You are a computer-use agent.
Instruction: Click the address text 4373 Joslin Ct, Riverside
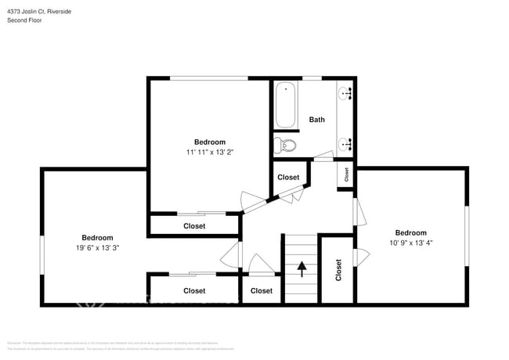click(39, 10)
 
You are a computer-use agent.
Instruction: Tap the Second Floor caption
click(24, 20)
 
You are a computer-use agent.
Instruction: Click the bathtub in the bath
click(286, 105)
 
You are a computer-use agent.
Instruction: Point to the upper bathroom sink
click(345, 94)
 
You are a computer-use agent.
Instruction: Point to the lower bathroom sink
click(345, 142)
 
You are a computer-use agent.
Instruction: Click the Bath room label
click(316, 120)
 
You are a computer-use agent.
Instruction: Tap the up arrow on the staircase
click(301, 269)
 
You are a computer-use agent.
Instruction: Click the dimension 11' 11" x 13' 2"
click(210, 152)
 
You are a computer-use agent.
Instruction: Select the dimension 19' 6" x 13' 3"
click(97, 247)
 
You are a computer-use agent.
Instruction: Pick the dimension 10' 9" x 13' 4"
click(410, 243)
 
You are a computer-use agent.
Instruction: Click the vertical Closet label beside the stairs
click(338, 270)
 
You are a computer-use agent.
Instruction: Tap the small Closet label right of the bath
click(346, 174)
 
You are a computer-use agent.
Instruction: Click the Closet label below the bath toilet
click(288, 178)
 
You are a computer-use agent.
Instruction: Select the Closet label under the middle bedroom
click(194, 226)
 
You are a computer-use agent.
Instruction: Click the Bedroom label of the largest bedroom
click(97, 237)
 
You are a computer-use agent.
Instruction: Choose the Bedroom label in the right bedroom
click(410, 232)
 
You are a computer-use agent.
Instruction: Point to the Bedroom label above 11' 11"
click(210, 142)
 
